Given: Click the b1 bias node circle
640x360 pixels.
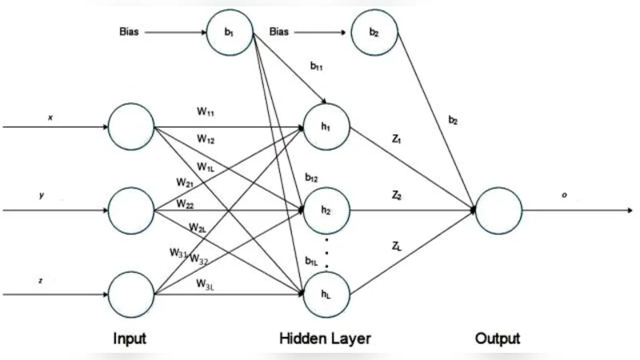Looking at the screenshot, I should pyautogui.click(x=230, y=34).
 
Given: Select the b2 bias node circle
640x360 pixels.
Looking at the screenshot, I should pyautogui.click(x=374, y=34).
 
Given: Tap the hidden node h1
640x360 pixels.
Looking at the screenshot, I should pyautogui.click(x=325, y=128).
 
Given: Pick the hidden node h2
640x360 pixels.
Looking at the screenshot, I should pyautogui.click(x=325, y=210).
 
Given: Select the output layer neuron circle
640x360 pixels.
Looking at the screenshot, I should pyautogui.click(x=498, y=211).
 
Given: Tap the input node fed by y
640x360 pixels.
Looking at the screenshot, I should pyautogui.click(x=130, y=211).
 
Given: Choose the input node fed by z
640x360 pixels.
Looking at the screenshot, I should pyautogui.click(x=130, y=294).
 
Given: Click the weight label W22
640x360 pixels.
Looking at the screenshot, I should pyautogui.click(x=186, y=204).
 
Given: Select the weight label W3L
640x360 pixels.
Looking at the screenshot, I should pyautogui.click(x=206, y=282).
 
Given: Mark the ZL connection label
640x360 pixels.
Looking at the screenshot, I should pyautogui.click(x=397, y=248).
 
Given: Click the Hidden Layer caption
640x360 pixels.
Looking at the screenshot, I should pyautogui.click(x=324, y=338).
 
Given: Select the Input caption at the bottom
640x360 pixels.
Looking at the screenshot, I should pyautogui.click(x=130, y=338).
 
